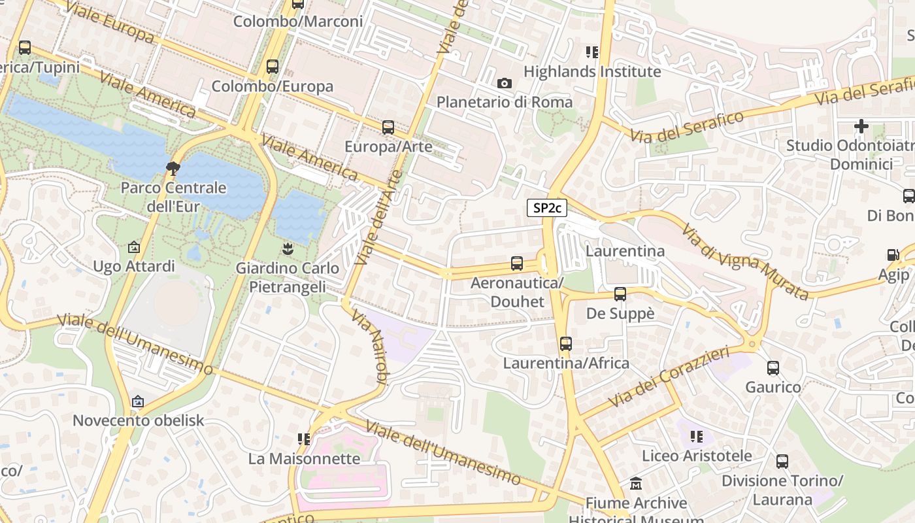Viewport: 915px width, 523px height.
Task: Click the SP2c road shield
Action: tap(547, 208)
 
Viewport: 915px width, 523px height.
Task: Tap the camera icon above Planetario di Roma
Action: tap(504, 83)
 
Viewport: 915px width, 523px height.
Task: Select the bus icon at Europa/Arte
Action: tap(388, 127)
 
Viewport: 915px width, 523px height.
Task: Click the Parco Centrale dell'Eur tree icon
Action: tap(173, 169)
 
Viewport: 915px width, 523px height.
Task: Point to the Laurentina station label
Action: tap(625, 251)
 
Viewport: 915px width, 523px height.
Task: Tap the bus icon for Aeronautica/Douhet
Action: tap(517, 263)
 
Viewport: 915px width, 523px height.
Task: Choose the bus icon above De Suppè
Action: tap(620, 294)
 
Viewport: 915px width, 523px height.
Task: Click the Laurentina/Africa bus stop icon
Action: tap(566, 344)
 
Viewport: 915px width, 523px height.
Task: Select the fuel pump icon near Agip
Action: tap(893, 256)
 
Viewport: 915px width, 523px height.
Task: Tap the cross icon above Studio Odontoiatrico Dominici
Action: tap(861, 126)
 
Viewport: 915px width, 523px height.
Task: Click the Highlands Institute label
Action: tap(592, 71)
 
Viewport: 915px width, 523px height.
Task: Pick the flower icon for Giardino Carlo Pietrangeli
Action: tap(287, 248)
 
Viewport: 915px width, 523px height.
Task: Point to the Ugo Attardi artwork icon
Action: tap(134, 247)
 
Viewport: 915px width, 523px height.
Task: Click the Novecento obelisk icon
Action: tap(138, 401)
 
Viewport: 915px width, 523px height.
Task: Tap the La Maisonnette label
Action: tap(304, 458)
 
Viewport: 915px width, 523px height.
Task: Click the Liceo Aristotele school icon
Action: tap(697, 436)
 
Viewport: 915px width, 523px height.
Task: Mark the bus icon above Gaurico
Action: tap(773, 368)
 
